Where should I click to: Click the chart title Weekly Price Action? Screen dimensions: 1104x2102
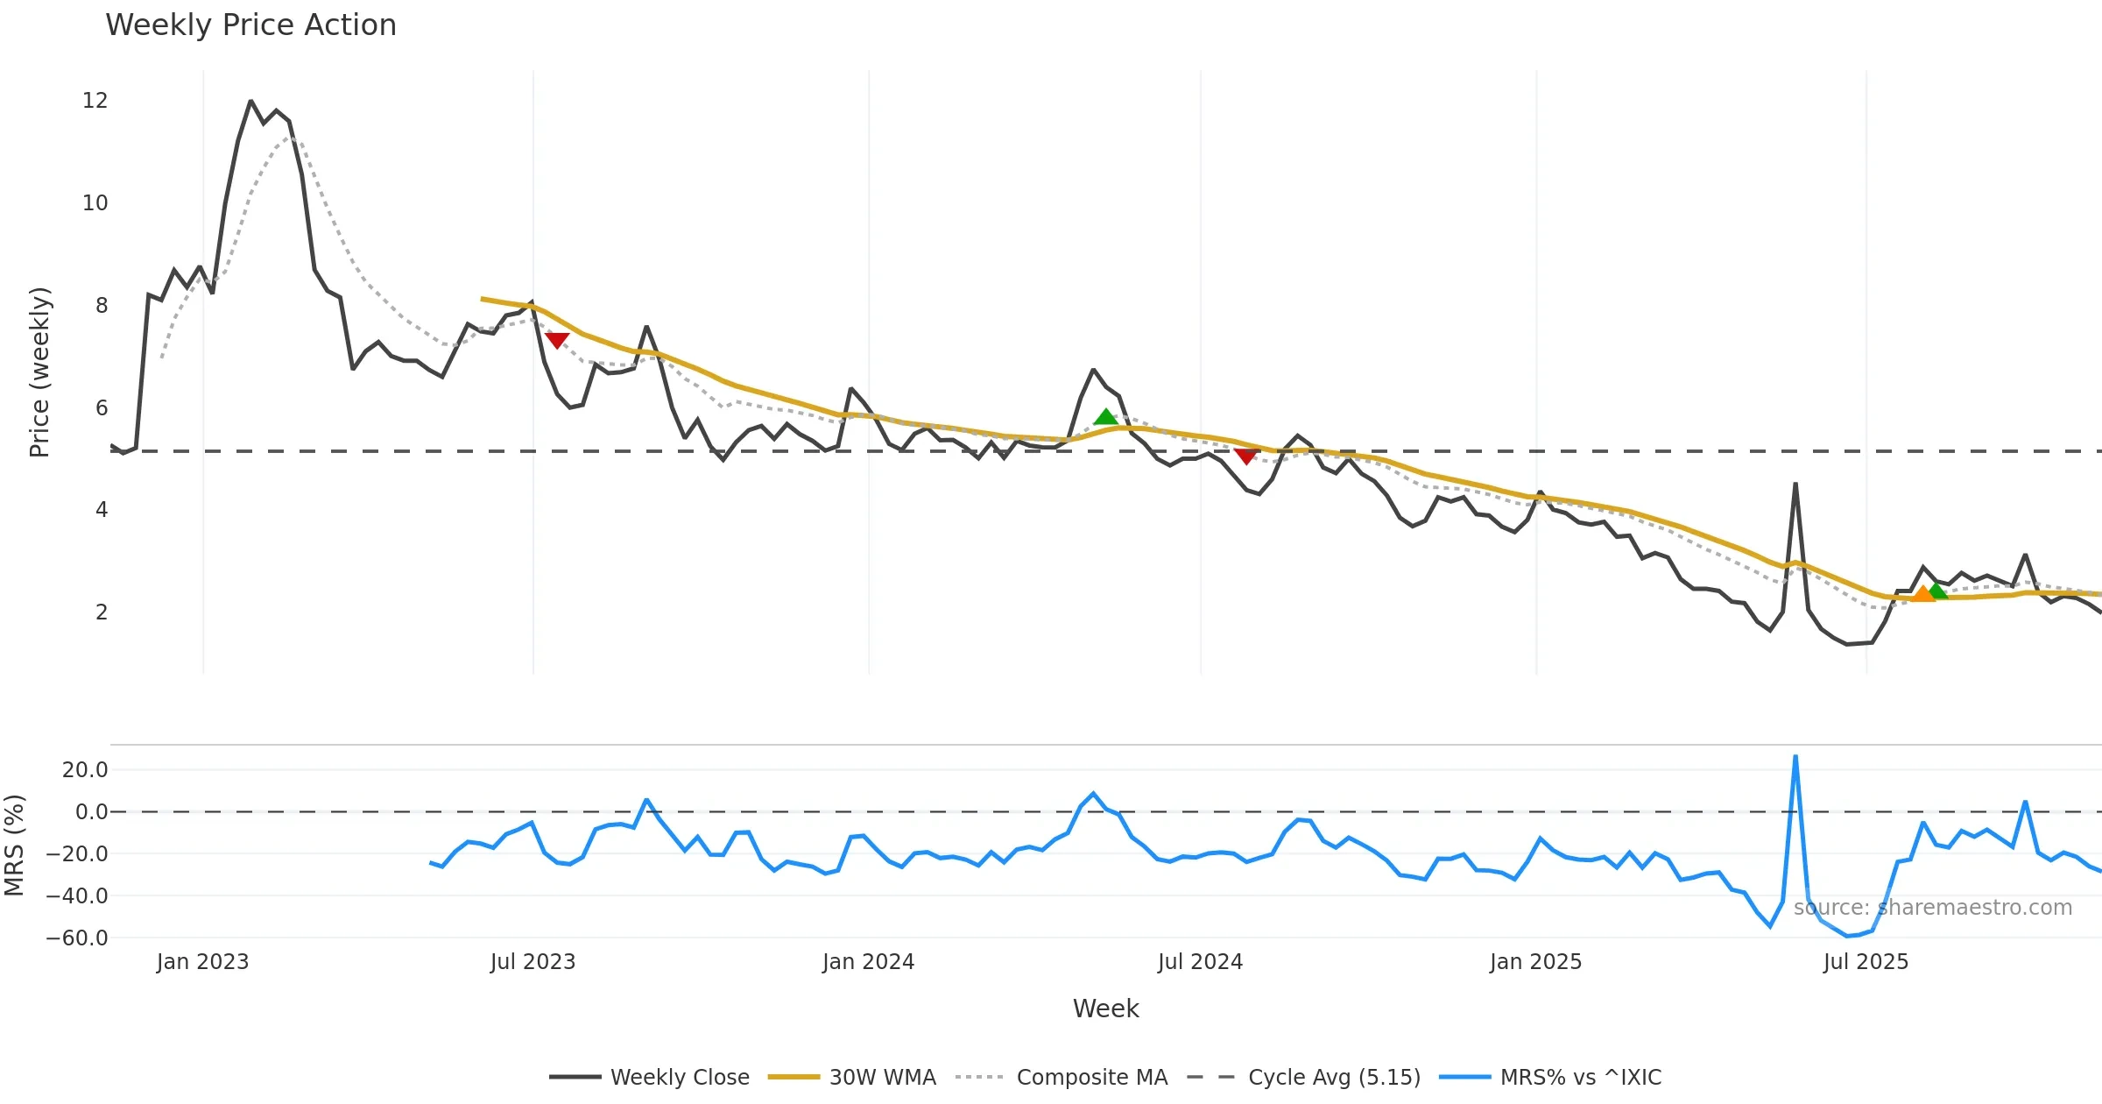pos(250,25)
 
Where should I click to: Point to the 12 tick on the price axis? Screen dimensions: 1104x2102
pos(95,101)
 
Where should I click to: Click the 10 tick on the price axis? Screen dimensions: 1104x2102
pos(95,203)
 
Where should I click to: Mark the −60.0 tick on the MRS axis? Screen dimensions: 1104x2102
pos(77,938)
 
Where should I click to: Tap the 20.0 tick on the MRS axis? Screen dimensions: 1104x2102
pos(85,770)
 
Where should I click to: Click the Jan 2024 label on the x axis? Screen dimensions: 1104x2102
pos(868,962)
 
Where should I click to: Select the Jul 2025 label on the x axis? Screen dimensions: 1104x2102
pos(1866,962)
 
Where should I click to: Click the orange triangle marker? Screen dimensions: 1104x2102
pos(1922,595)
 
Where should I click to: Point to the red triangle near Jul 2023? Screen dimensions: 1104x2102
pos(557,340)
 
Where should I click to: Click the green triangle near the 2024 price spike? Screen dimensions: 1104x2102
pos(1105,417)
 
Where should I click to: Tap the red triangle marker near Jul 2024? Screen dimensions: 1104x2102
pos(1245,456)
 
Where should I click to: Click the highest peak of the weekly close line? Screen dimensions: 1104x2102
pos(250,102)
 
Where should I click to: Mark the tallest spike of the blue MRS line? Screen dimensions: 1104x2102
pos(1795,756)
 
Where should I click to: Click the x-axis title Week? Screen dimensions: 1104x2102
pos(1105,1009)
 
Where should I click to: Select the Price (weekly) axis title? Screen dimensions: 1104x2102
pos(40,372)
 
